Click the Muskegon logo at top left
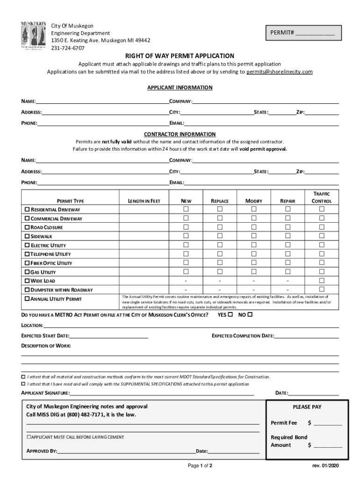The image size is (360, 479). pos(33,36)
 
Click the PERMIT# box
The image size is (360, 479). pos(302,32)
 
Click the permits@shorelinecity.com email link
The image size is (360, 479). pos(280,72)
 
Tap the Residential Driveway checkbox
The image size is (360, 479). pos(27,210)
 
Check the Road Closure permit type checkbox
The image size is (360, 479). pos(27,227)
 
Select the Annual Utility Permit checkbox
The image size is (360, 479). pos(27,298)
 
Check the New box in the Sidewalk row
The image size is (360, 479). pos(186,236)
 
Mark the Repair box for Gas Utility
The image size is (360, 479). pos(288,271)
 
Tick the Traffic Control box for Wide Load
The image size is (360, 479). pos(322,280)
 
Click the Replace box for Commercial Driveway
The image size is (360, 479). pos(220,218)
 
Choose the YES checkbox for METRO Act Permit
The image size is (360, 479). pos(230,315)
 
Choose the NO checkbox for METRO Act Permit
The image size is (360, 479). pos(250,315)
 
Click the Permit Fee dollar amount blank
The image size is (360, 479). pos(328,423)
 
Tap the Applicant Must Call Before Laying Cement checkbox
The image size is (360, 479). pos(29,437)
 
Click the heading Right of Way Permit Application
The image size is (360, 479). pos(180,55)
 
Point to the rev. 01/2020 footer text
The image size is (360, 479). pos(325,466)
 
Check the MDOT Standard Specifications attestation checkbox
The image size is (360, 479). pos(23,377)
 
